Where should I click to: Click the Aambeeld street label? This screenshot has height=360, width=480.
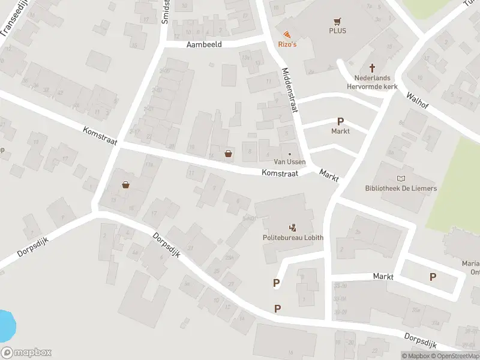(x=204, y=44)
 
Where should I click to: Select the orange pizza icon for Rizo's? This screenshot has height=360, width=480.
(x=287, y=34)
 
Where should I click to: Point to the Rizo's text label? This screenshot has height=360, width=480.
(x=287, y=44)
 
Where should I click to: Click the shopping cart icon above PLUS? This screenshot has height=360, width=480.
(x=337, y=20)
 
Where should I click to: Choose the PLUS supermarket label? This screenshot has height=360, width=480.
(x=337, y=31)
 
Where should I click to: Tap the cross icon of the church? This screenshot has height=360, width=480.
(x=372, y=68)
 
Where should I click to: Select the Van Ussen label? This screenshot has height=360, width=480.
(x=290, y=162)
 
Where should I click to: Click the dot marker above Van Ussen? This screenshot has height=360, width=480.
(x=290, y=153)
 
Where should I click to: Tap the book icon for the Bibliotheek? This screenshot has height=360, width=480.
(x=401, y=178)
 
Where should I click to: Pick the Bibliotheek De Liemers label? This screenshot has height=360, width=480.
(x=401, y=188)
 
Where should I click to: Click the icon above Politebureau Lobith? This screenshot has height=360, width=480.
(x=293, y=227)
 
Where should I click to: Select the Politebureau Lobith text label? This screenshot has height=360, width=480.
(x=292, y=238)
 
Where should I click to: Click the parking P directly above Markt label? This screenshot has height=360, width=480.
(x=340, y=121)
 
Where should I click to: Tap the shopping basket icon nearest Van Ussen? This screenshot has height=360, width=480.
(x=228, y=153)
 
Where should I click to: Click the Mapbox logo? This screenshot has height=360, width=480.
(x=26, y=353)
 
